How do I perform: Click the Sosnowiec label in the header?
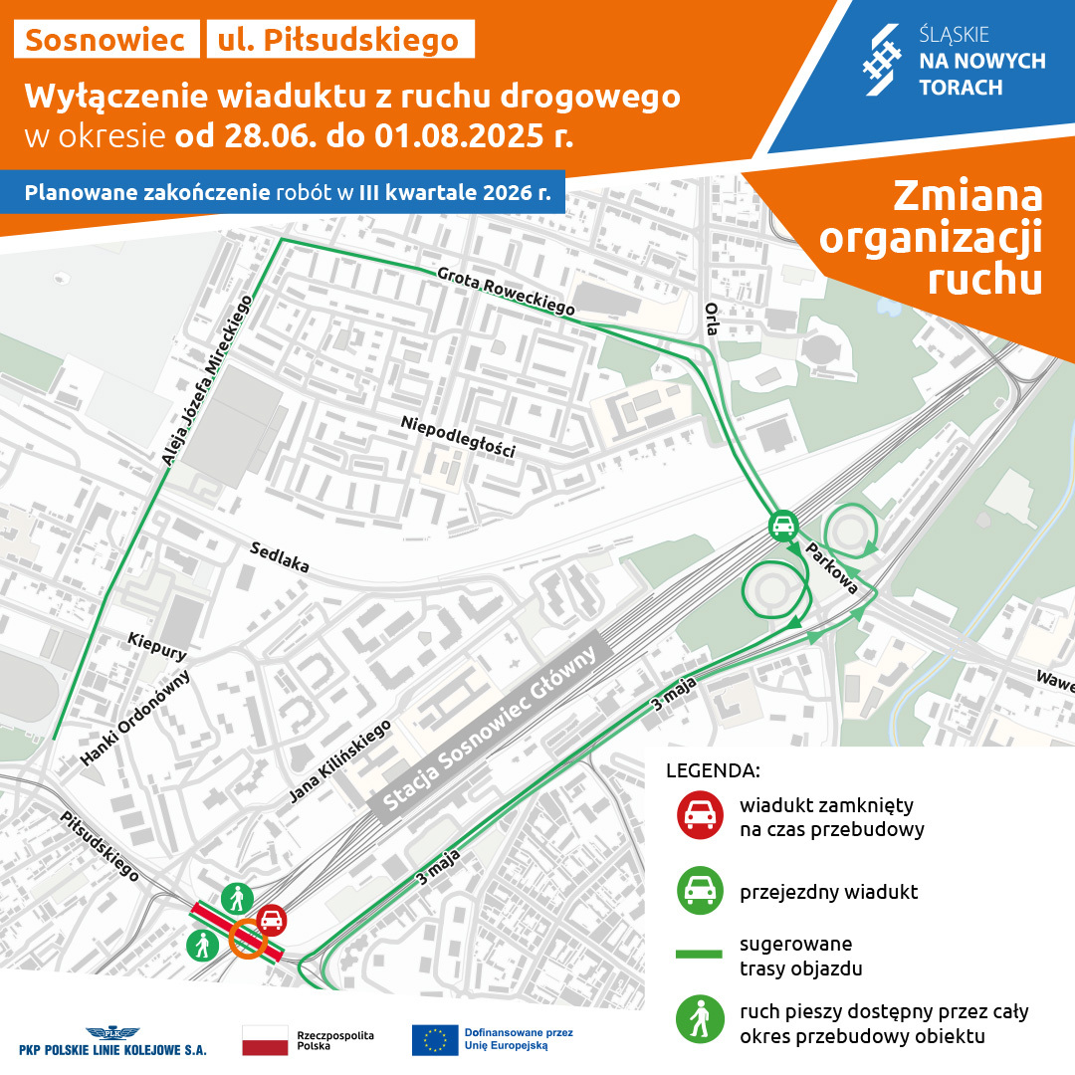pos(106,40)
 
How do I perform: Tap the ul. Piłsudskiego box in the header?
pos(339,40)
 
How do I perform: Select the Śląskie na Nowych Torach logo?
pos(952,63)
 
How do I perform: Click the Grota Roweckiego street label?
pos(506,292)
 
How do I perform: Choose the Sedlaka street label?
pos(280,557)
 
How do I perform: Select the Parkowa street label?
pos(832,569)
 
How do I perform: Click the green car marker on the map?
pos(783,524)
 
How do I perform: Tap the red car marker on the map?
pos(272,921)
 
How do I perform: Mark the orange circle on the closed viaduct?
pos(247,939)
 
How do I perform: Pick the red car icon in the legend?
pos(699,814)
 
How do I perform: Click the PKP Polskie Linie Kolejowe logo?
pos(112,1041)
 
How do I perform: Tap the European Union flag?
pos(435,1039)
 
